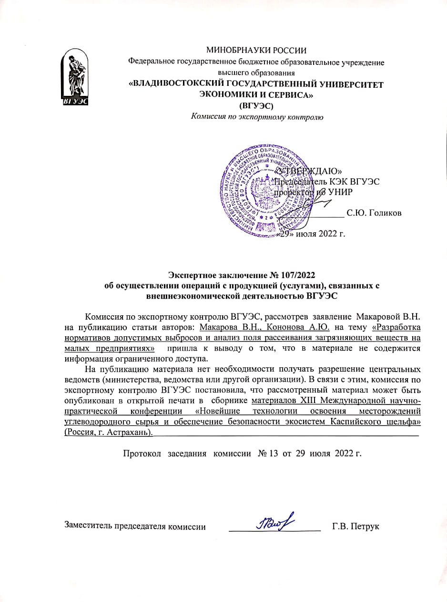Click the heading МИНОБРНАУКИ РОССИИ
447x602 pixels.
pyautogui.click(x=256, y=50)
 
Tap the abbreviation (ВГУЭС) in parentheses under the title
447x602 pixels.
pyautogui.click(x=256, y=106)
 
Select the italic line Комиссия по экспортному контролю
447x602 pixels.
pyautogui.click(x=257, y=117)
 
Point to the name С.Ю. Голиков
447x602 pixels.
pyautogui.click(x=374, y=213)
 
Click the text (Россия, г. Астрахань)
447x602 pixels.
pyautogui.click(x=109, y=433)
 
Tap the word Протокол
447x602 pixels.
pyautogui.click(x=142, y=453)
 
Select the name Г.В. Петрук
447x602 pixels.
pyautogui.click(x=356, y=527)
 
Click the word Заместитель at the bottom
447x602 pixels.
pyautogui.click(x=89, y=527)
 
